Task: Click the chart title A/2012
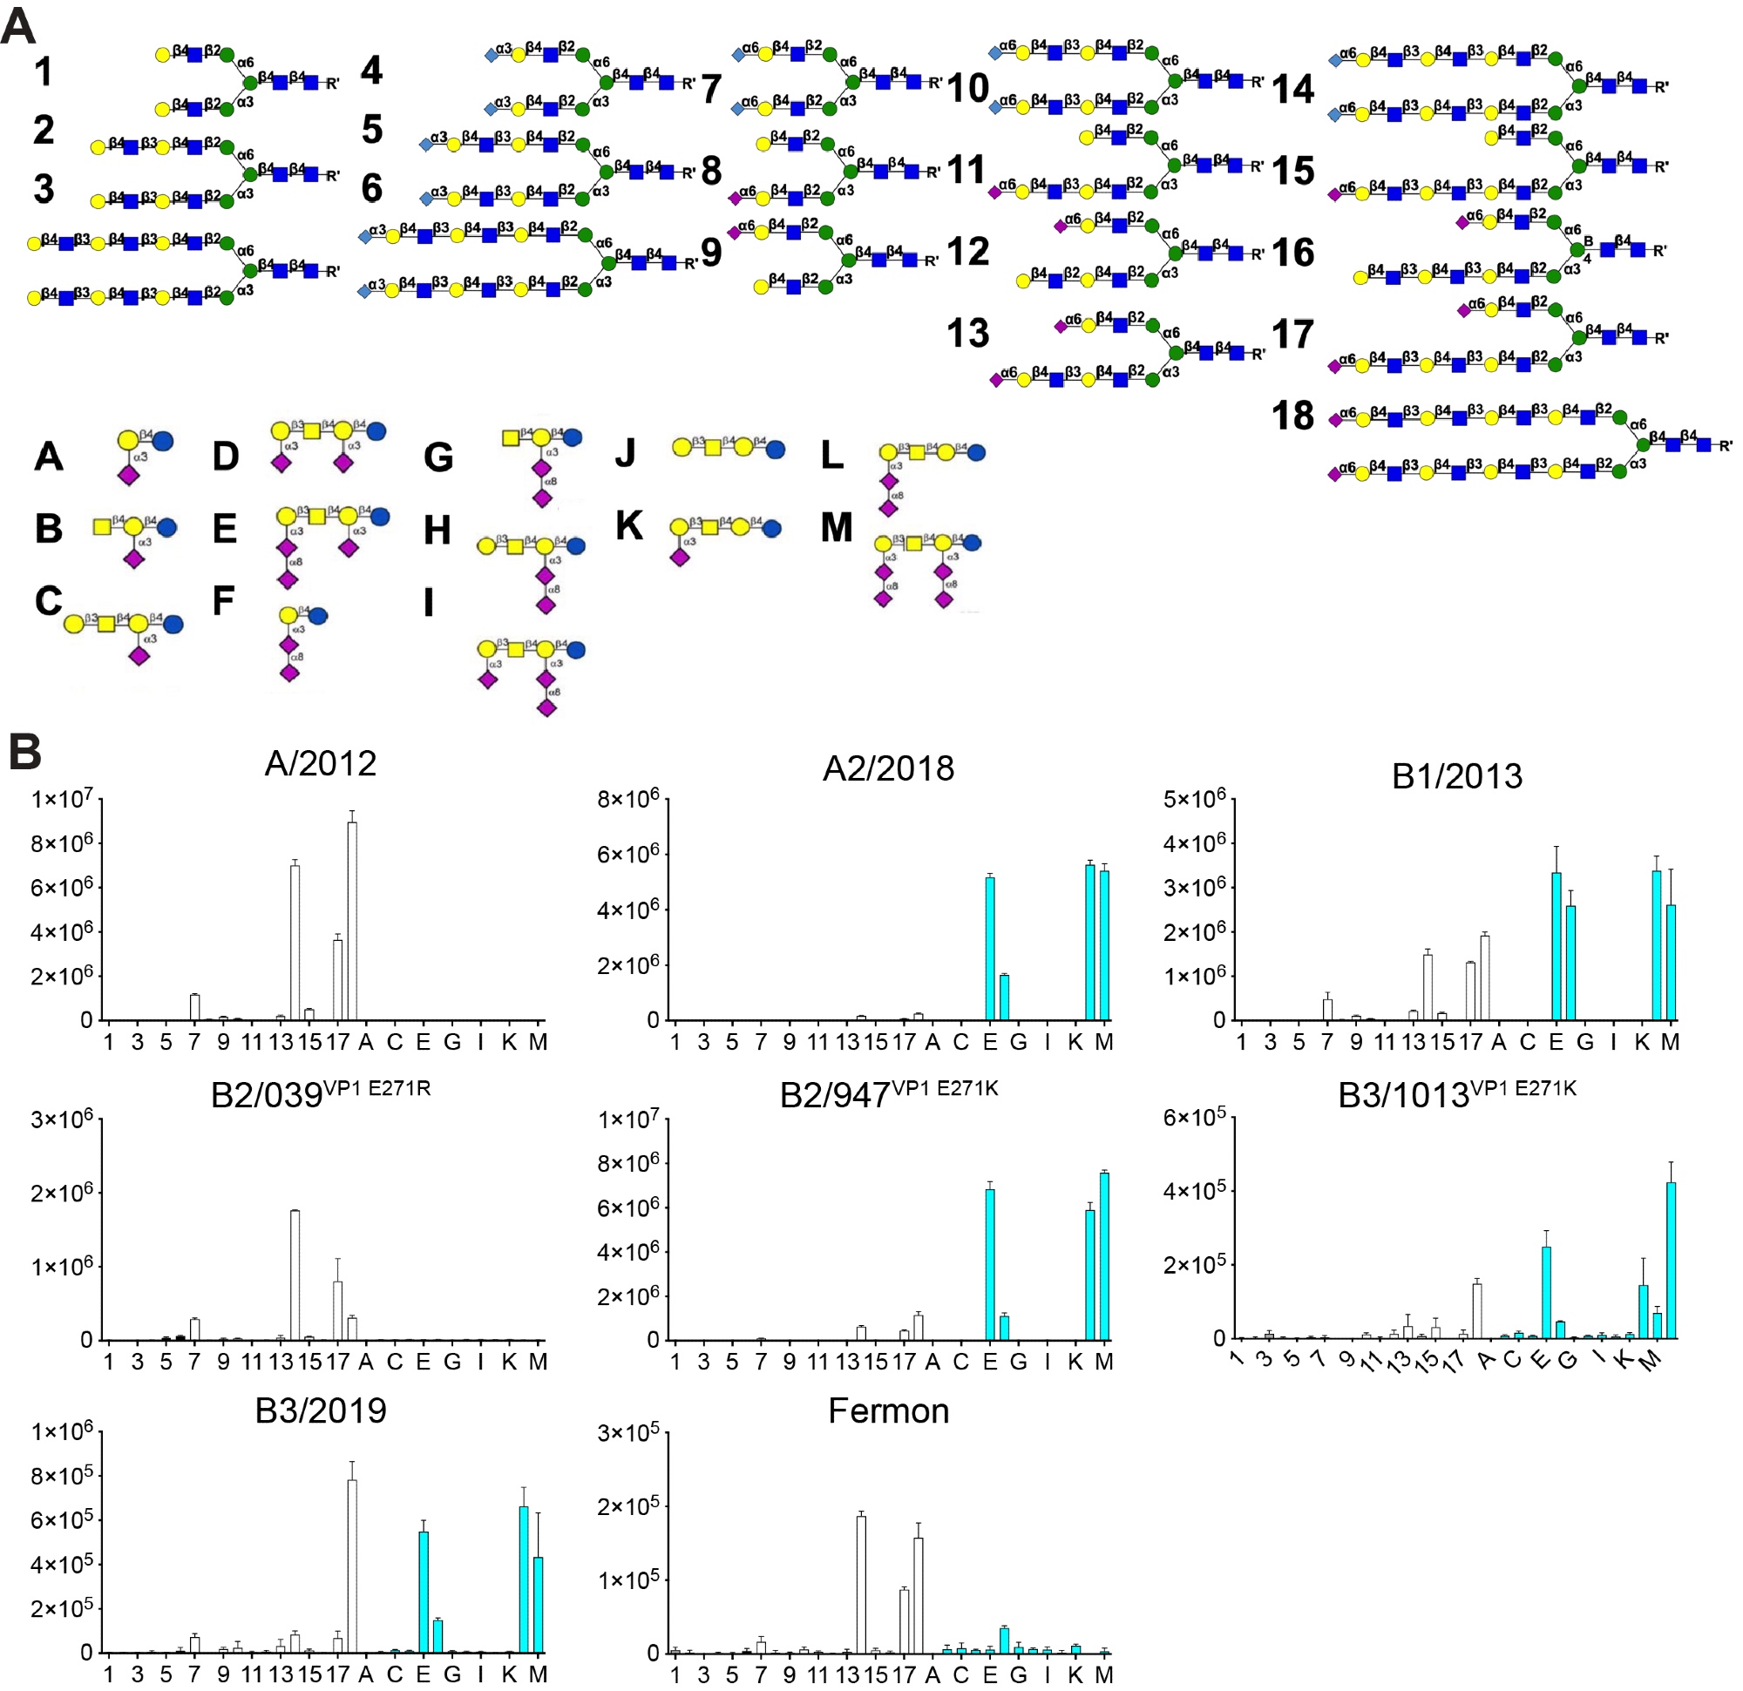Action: [320, 764]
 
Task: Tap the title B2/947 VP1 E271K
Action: [887, 1093]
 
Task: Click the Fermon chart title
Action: [887, 1411]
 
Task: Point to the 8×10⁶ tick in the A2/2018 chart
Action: [627, 798]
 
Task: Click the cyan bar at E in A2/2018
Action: [990, 948]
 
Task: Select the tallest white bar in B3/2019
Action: [352, 1566]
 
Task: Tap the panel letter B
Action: [24, 752]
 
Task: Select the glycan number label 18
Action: [1292, 416]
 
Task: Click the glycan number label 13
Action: [967, 334]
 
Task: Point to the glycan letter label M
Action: [836, 527]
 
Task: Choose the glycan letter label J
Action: [625, 452]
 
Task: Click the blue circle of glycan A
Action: [163, 440]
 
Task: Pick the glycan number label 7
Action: [710, 89]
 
